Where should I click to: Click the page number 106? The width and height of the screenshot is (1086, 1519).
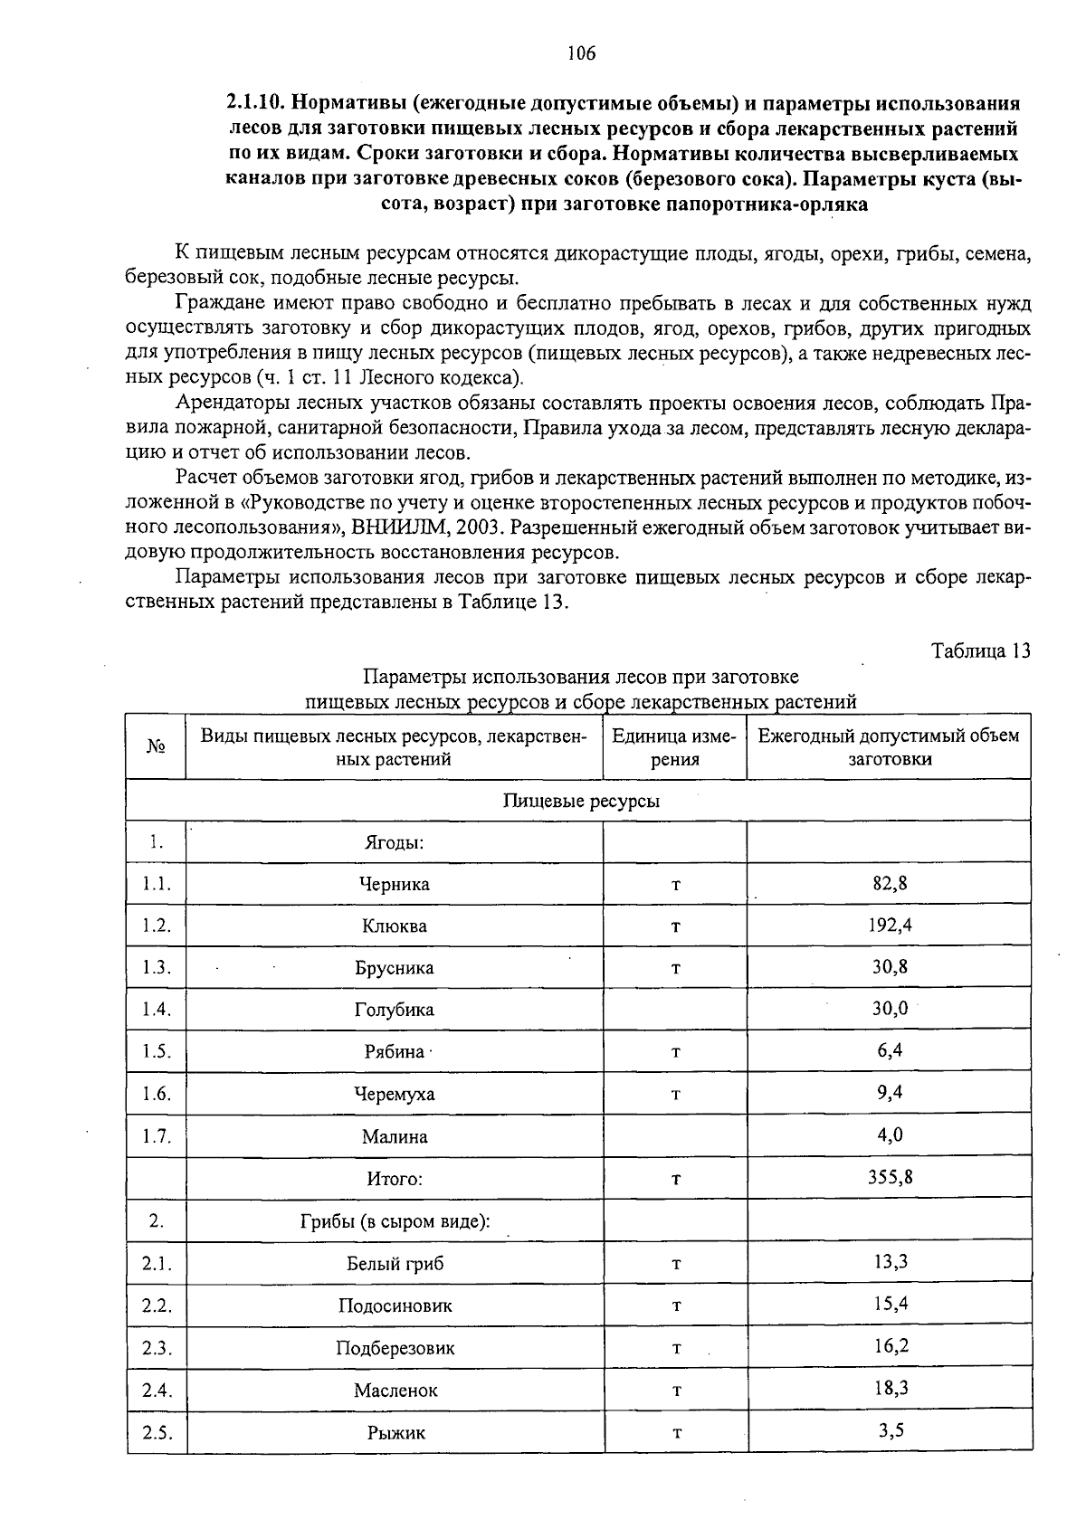coord(582,53)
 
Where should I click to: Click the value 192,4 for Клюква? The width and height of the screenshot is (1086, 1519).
coord(890,925)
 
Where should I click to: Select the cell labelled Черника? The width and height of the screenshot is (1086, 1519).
coord(395,884)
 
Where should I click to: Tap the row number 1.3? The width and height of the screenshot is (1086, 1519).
coord(157,967)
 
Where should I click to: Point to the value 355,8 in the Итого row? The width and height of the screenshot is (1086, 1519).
coord(890,1177)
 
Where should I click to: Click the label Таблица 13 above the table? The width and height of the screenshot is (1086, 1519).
coord(981,650)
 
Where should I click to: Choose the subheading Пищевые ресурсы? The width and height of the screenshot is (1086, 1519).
coord(581,801)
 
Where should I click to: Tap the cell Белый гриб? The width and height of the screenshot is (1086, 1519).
coord(395,1263)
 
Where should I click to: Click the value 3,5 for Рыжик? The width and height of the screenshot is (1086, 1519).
coord(890,1430)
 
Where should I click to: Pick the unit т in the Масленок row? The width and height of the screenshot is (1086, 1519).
coord(675,1391)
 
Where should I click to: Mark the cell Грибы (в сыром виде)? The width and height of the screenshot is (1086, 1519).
coord(395,1221)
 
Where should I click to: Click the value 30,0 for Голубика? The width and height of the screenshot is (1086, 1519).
coord(890,1008)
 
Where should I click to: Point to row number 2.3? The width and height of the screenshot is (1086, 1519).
coord(157,1348)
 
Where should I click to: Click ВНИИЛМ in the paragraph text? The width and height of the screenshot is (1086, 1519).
coord(392,527)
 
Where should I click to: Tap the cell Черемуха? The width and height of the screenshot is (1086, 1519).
coord(395,1094)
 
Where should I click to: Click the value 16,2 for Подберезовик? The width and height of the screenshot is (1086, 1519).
coord(890,1346)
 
